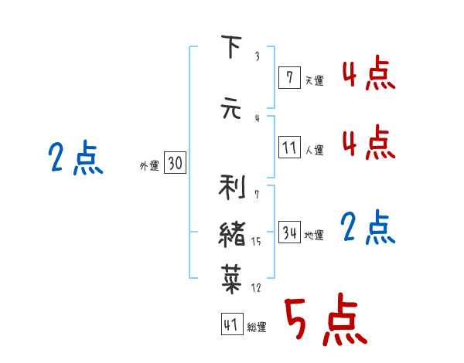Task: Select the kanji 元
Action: (x=231, y=108)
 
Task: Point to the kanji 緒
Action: (x=232, y=233)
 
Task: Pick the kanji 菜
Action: (x=232, y=278)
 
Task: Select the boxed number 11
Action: (x=289, y=147)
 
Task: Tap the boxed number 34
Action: (x=289, y=232)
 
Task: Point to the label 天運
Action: (x=314, y=80)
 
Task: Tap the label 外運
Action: (x=148, y=165)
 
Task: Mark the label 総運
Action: (x=257, y=327)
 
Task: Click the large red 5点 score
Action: (x=324, y=321)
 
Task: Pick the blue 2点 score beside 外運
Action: (x=76, y=158)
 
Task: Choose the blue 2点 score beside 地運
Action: (x=368, y=228)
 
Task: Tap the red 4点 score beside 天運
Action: (x=368, y=73)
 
